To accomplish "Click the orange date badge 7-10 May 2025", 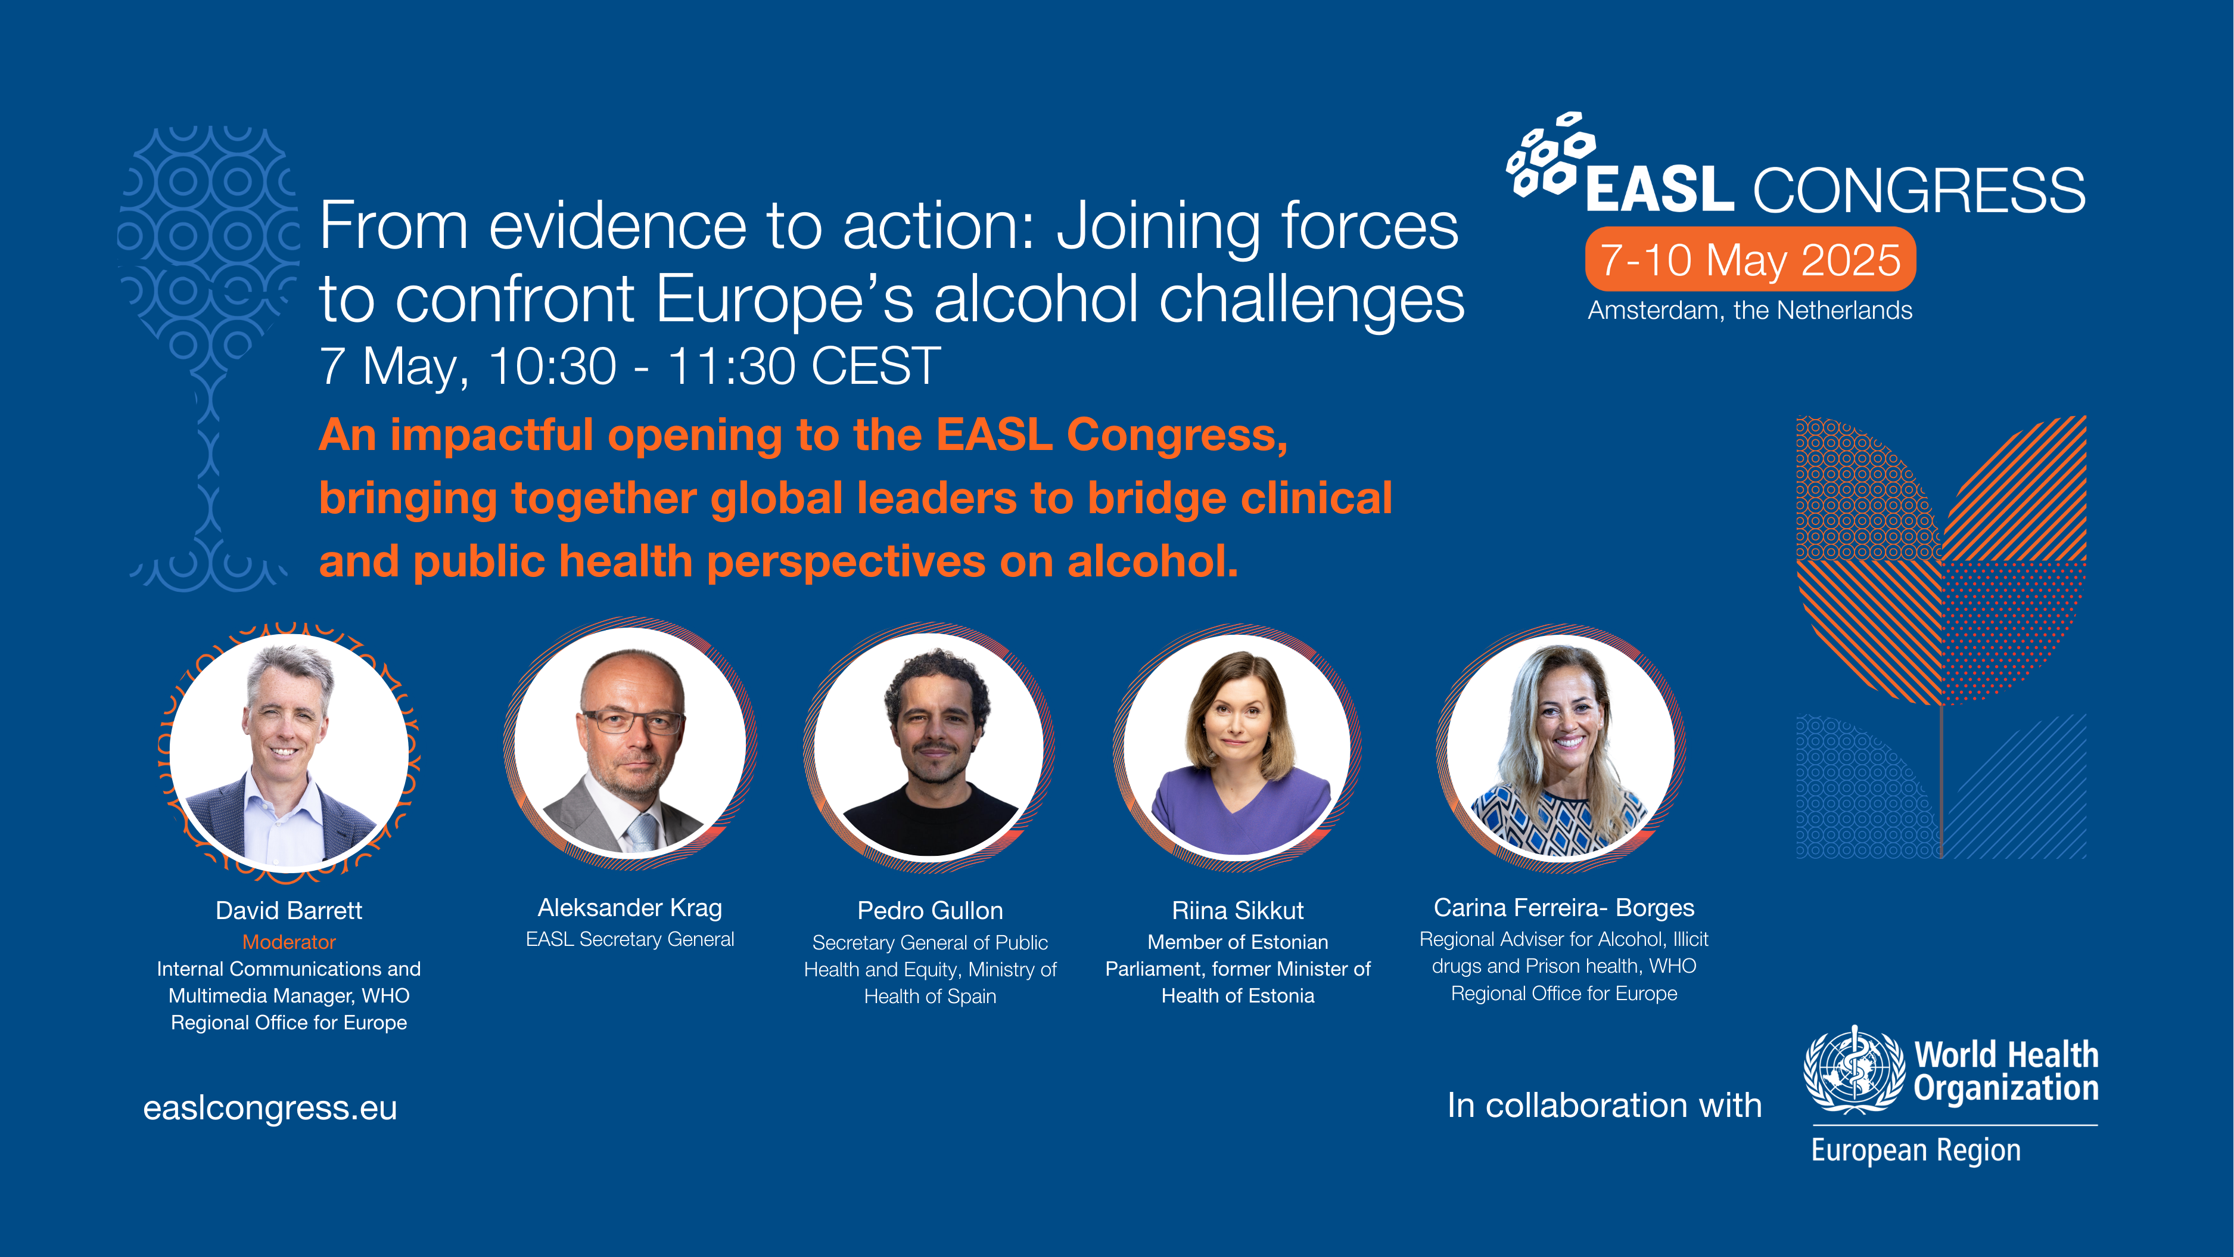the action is pos(1750,259).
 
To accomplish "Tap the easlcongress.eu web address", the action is pos(270,1108).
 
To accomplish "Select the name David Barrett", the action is pos(289,910).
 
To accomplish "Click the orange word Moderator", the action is pos(289,942).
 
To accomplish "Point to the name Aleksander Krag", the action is pos(630,908).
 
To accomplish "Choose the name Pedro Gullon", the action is pos(930,910).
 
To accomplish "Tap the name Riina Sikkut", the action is pos(1237,910).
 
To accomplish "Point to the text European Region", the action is pos(1916,1150).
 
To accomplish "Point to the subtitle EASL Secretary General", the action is pos(630,939).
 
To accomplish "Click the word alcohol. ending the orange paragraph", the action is pos(1153,561).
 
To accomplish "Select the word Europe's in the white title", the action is pos(785,299).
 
